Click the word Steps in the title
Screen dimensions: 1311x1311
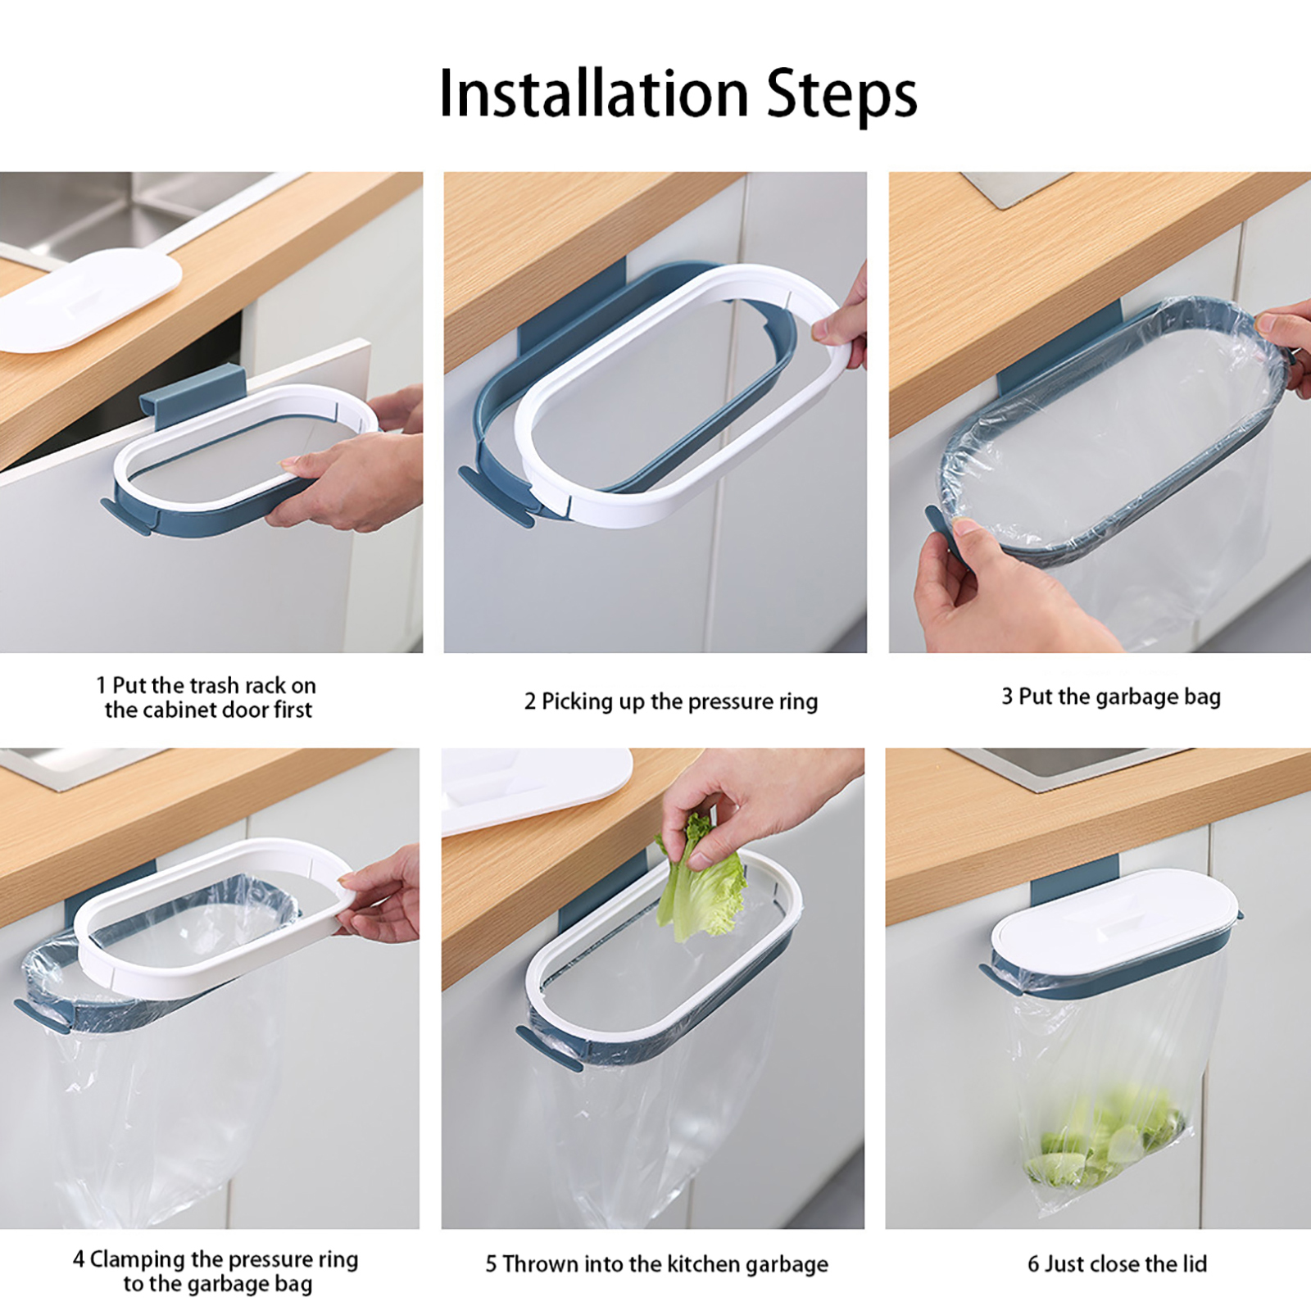point(841,96)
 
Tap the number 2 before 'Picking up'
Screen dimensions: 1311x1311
point(530,701)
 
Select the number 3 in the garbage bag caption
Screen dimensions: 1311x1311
point(1007,696)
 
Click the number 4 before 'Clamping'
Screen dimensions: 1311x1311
point(79,1259)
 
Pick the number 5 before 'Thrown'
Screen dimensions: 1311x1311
point(491,1263)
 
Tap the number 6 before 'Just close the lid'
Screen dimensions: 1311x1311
point(1034,1263)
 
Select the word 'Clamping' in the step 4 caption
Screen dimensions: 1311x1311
point(138,1260)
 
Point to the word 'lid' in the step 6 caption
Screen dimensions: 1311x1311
point(1195,1263)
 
